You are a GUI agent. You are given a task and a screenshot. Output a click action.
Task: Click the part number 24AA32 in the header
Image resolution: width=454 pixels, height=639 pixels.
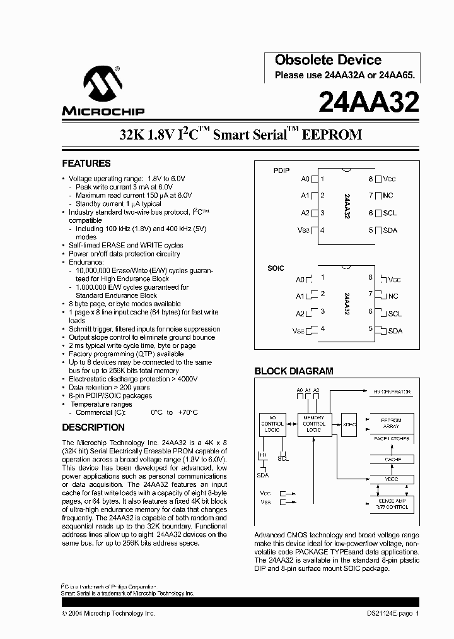(369, 102)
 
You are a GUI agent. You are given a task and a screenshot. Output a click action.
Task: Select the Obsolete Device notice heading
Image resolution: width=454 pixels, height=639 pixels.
(328, 60)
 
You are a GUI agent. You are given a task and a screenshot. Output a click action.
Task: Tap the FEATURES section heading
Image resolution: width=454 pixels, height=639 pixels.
(86, 163)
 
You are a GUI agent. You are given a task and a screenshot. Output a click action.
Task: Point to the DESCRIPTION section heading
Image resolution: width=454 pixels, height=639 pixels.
(93, 427)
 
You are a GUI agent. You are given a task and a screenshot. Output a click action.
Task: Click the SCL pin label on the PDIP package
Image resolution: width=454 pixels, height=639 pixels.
(390, 213)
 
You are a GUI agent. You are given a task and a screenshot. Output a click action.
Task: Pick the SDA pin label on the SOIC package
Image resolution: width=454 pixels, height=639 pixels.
(395, 330)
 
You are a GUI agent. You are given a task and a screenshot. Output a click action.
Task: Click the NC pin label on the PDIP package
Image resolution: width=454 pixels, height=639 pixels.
(390, 196)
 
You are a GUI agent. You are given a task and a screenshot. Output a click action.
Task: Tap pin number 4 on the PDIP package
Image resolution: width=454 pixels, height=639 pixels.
(322, 230)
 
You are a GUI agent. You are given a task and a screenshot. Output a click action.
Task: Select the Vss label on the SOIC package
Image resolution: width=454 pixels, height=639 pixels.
(299, 330)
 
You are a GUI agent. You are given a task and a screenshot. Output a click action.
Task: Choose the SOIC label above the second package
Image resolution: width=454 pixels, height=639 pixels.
(276, 268)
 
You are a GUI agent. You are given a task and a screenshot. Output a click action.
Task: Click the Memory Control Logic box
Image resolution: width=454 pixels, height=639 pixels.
(313, 424)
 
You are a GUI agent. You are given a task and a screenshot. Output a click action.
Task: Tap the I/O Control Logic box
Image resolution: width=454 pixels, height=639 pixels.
(272, 424)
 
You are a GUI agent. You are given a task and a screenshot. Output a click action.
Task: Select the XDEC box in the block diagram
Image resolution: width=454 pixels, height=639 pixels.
(349, 425)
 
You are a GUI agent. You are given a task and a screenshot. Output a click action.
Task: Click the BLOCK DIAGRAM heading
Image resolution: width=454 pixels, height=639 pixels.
(293, 371)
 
